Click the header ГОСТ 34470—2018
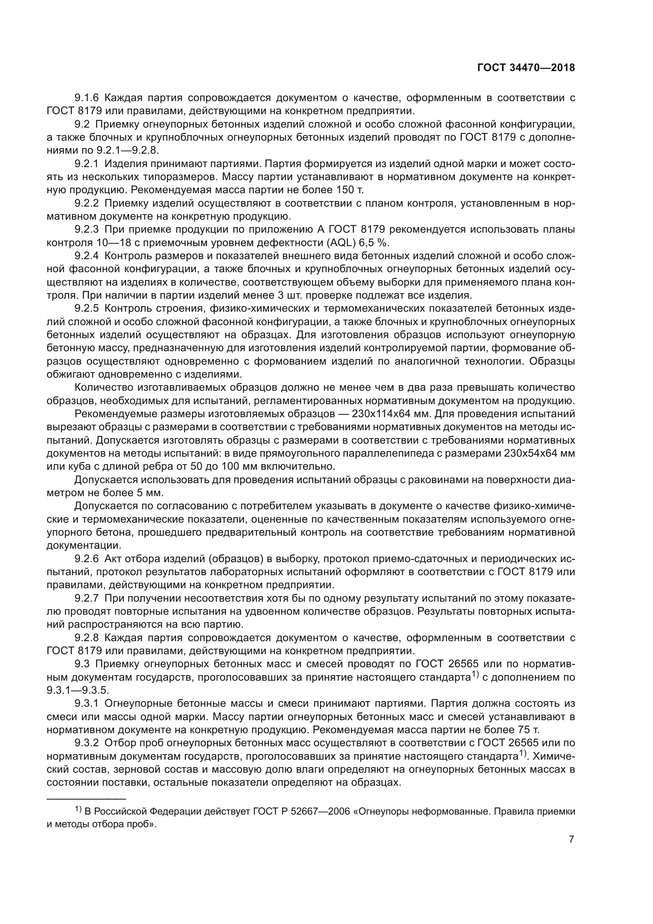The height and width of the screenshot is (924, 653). (526, 68)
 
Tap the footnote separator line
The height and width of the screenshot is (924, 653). (86, 798)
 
